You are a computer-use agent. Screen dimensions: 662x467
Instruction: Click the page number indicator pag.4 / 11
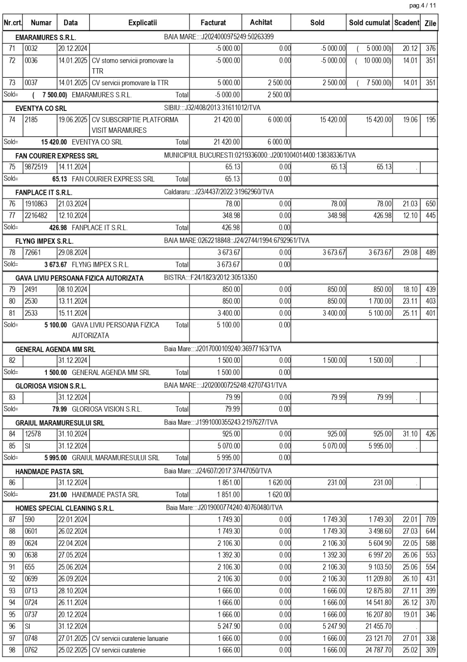[422, 5]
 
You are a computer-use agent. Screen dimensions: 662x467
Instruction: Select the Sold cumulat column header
[369, 23]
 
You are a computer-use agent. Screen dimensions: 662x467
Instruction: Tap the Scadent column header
[407, 23]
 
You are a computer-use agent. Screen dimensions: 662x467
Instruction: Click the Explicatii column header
[143, 23]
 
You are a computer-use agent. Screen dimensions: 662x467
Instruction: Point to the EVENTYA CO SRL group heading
[41, 108]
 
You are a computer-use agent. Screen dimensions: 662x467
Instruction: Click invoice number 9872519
[36, 167]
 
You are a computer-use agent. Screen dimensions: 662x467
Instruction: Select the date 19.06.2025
[73, 120]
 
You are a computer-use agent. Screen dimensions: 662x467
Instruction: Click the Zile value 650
[430, 204]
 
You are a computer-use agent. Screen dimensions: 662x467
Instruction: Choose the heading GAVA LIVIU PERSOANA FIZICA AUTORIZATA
[79, 278]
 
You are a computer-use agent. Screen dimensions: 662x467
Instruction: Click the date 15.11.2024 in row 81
[73, 313]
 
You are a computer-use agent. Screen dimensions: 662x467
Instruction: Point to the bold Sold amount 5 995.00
[55, 458]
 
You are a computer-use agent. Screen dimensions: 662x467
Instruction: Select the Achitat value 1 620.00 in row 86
[279, 482]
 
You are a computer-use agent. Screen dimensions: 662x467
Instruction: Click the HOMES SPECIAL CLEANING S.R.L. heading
[64, 508]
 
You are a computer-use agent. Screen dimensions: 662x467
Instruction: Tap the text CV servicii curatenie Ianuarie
[130, 638]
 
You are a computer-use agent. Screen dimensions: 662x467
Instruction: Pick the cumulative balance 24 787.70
[378, 650]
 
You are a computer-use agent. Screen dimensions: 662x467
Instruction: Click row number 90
[12, 555]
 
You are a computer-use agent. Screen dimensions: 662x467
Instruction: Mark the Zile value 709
[430, 520]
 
